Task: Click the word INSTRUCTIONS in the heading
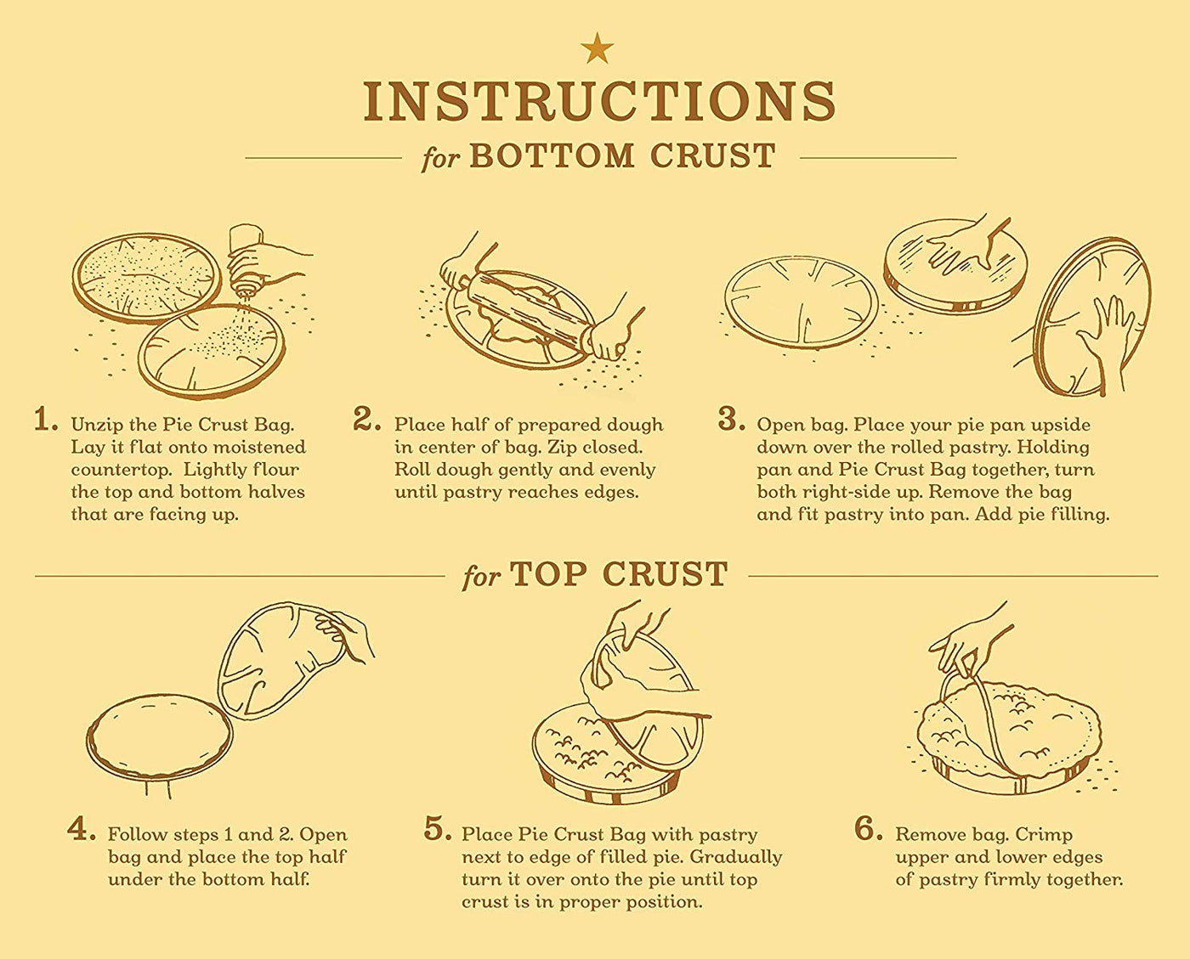point(599,101)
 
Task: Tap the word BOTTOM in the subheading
point(552,156)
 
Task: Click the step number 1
point(45,420)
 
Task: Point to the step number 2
point(366,420)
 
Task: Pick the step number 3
point(732,420)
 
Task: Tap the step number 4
point(82,830)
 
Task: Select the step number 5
point(439,830)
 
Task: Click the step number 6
point(869,830)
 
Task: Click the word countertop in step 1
point(122,471)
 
